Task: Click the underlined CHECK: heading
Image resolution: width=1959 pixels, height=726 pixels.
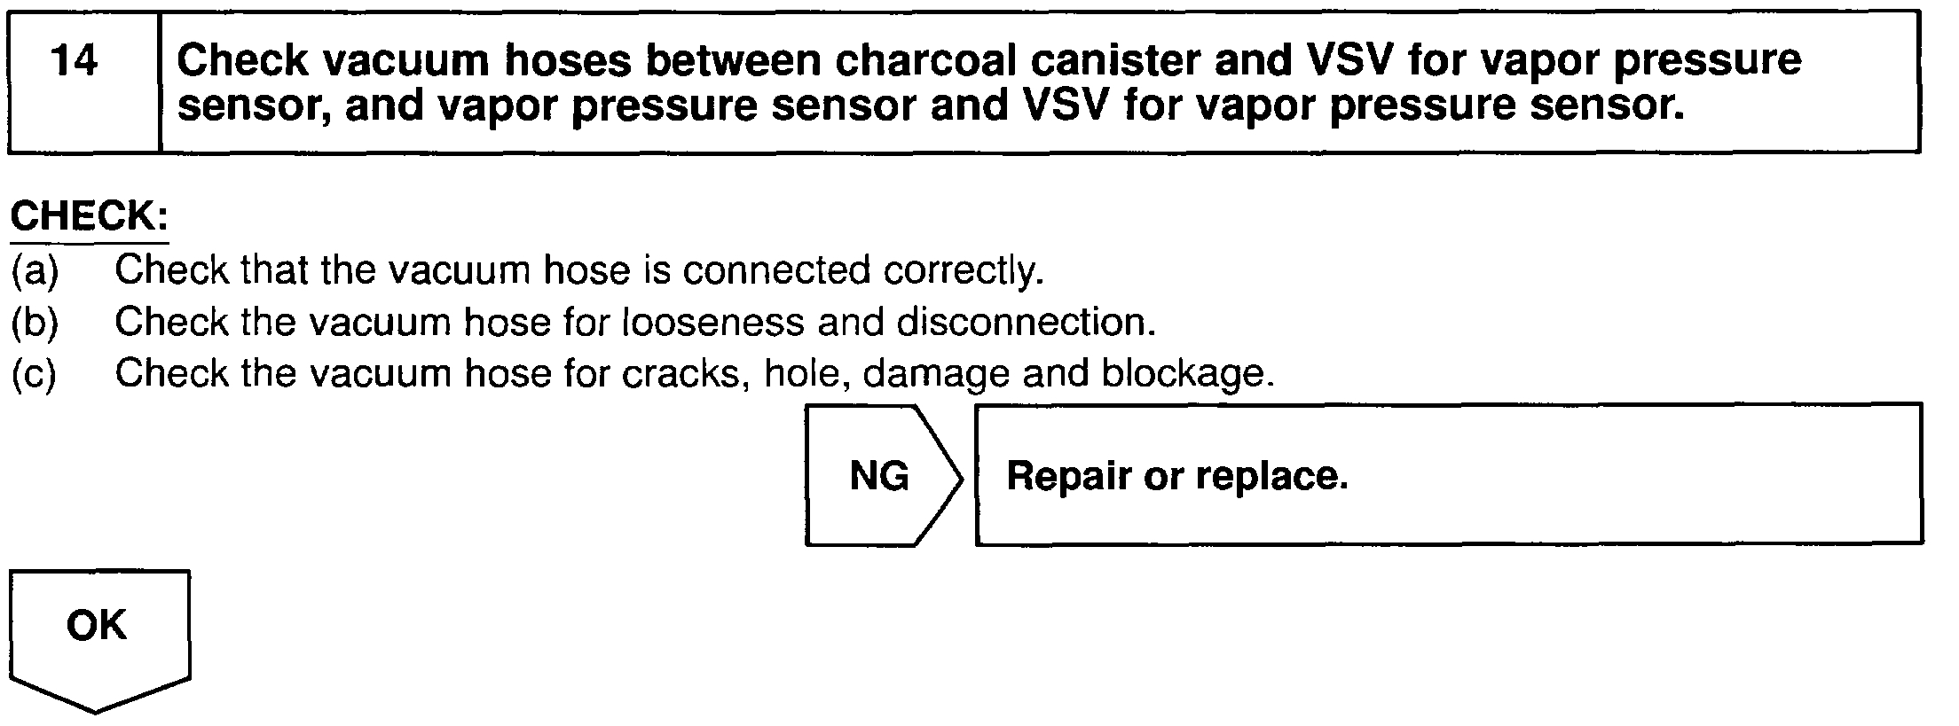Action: (89, 217)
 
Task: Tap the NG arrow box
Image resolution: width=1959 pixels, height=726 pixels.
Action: (880, 476)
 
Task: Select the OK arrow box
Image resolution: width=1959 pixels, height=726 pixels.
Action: (98, 626)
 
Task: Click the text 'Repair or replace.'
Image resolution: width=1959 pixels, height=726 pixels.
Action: (1176, 476)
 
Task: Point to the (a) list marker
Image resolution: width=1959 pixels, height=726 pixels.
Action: (35, 270)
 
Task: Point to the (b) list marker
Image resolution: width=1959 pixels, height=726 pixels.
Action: (35, 323)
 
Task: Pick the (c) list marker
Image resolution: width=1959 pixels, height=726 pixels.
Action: (35, 374)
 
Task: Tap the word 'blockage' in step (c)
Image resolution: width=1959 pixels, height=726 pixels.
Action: (1187, 374)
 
